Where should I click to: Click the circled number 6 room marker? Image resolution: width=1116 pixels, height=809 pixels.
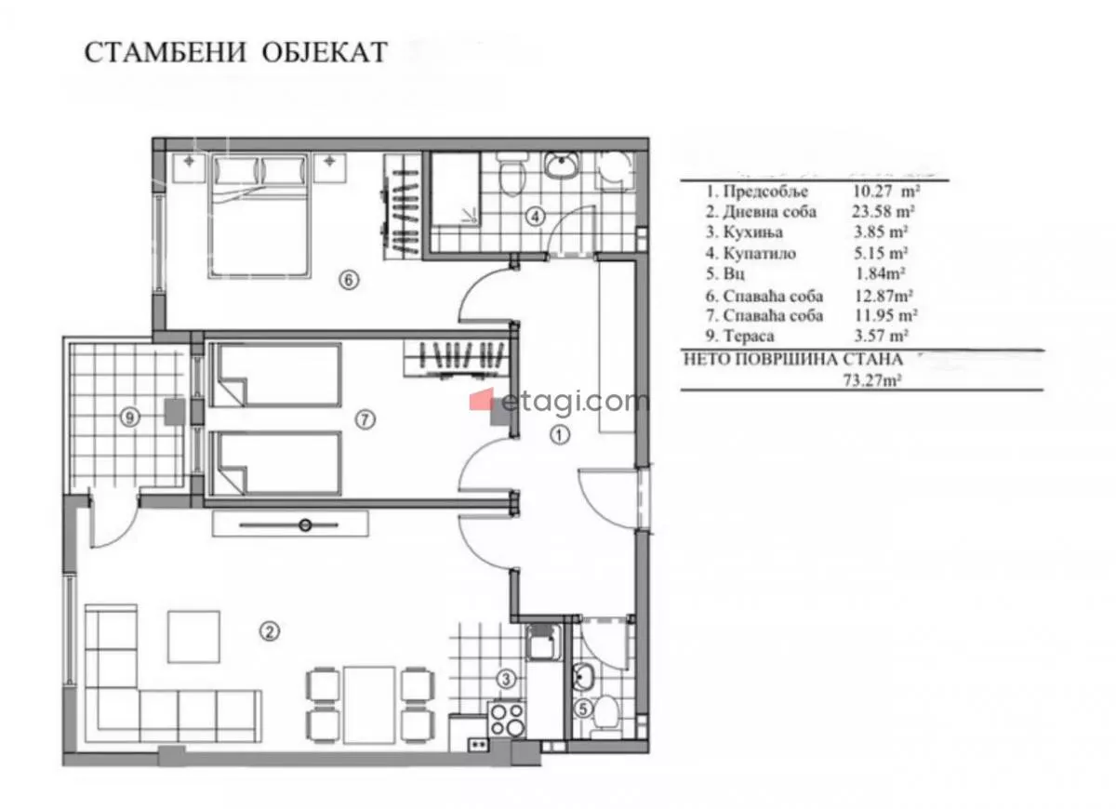coord(348,280)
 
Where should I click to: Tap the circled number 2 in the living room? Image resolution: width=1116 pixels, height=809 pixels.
coord(270,631)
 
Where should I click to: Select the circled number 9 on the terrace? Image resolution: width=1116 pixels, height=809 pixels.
coord(130,417)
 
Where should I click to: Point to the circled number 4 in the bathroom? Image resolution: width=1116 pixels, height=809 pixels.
coord(536,217)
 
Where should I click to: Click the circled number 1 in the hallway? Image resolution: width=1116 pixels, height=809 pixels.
coord(560,435)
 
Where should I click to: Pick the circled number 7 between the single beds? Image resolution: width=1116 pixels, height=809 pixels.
coord(365,420)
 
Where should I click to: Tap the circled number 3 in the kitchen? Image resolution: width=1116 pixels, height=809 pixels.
coord(506,679)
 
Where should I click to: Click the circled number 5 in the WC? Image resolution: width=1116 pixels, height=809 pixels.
coord(582,709)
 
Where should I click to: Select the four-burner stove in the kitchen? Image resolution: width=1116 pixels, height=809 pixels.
coord(506,721)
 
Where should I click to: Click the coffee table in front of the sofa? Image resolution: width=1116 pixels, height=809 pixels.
coord(193,637)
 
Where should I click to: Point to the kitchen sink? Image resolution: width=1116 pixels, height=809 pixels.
coord(542,643)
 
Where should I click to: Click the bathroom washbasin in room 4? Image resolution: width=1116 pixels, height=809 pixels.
coord(562,165)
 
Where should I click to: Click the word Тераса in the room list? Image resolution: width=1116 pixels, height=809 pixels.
coord(749,336)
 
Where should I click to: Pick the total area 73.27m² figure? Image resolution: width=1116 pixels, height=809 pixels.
coord(871,380)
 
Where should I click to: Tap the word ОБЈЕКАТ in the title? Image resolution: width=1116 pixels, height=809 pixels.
coord(325,52)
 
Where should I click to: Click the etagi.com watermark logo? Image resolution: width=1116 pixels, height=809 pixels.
coord(560,402)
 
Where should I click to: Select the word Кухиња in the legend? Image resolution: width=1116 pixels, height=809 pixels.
coord(752,232)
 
